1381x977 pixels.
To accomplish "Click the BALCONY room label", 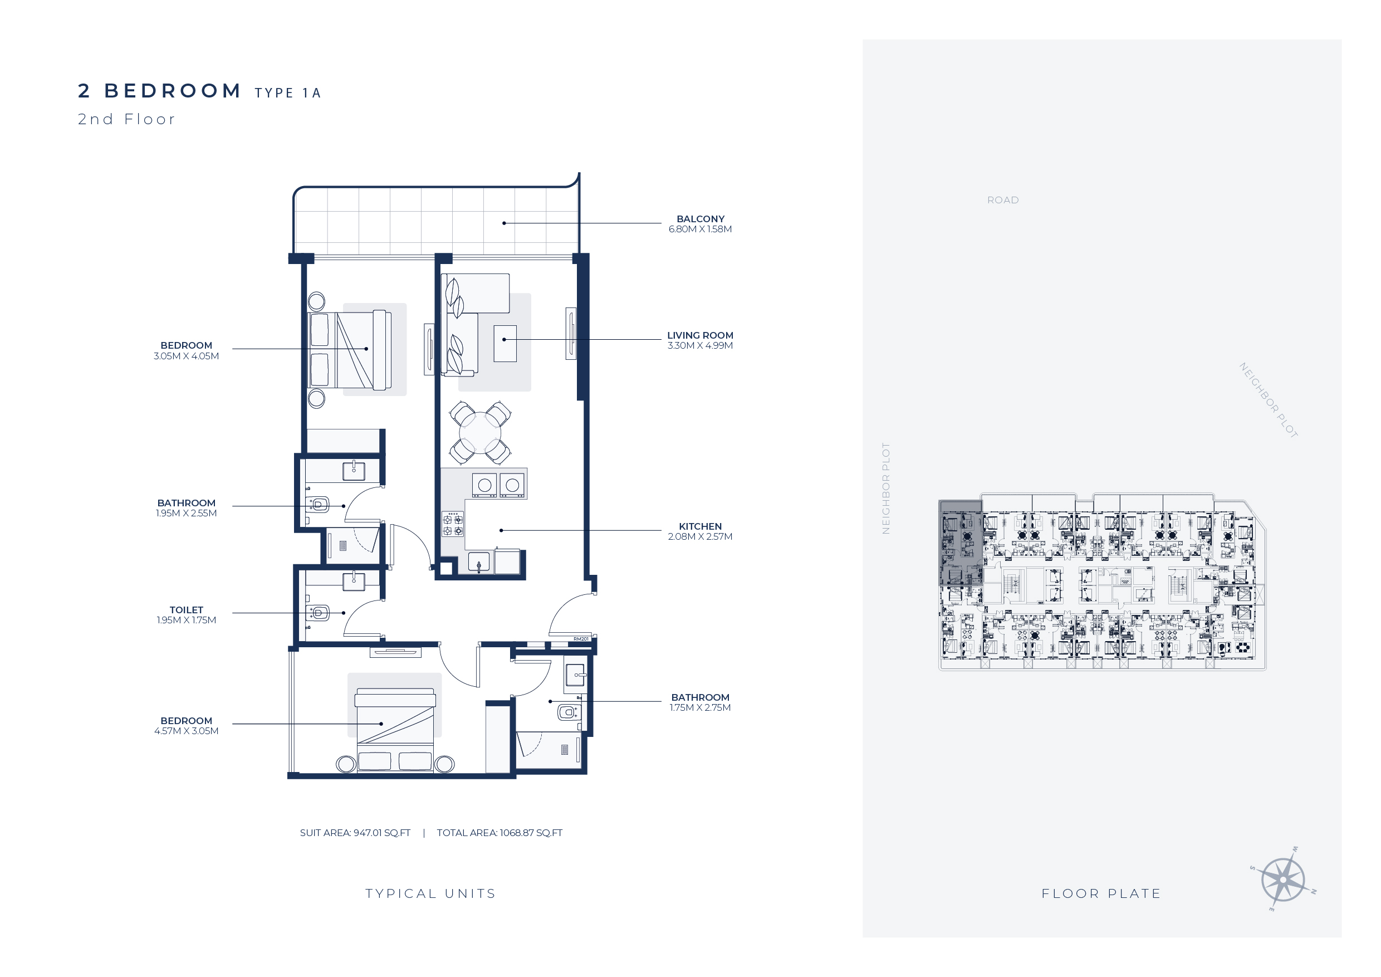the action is (x=700, y=219).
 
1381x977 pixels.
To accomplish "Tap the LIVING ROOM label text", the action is (x=700, y=335).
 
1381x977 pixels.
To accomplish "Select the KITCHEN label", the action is (x=700, y=526).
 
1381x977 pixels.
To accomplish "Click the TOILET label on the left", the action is (x=187, y=610).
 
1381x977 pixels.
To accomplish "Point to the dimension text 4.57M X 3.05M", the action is (x=187, y=731).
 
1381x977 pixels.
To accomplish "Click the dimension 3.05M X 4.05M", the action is (x=187, y=356).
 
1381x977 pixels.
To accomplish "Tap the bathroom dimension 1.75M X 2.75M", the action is (x=700, y=707).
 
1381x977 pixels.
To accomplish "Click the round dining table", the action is (x=480, y=433).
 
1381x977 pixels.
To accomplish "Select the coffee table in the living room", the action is (x=505, y=344).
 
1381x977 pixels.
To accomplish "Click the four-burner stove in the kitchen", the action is (x=453, y=525).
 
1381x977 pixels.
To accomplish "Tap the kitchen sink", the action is (x=479, y=562).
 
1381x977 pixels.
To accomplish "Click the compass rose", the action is (x=1283, y=880).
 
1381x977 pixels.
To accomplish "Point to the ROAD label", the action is (x=1003, y=201).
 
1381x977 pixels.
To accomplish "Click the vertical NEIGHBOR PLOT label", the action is (x=885, y=488).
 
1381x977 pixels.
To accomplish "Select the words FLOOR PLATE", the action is (x=1101, y=893).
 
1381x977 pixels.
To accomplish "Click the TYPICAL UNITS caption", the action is (x=430, y=893).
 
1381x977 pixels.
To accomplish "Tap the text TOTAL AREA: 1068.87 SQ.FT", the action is (x=499, y=833).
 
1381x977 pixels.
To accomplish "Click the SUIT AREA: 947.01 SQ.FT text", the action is (x=355, y=833).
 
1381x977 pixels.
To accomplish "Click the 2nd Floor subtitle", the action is (x=126, y=119).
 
